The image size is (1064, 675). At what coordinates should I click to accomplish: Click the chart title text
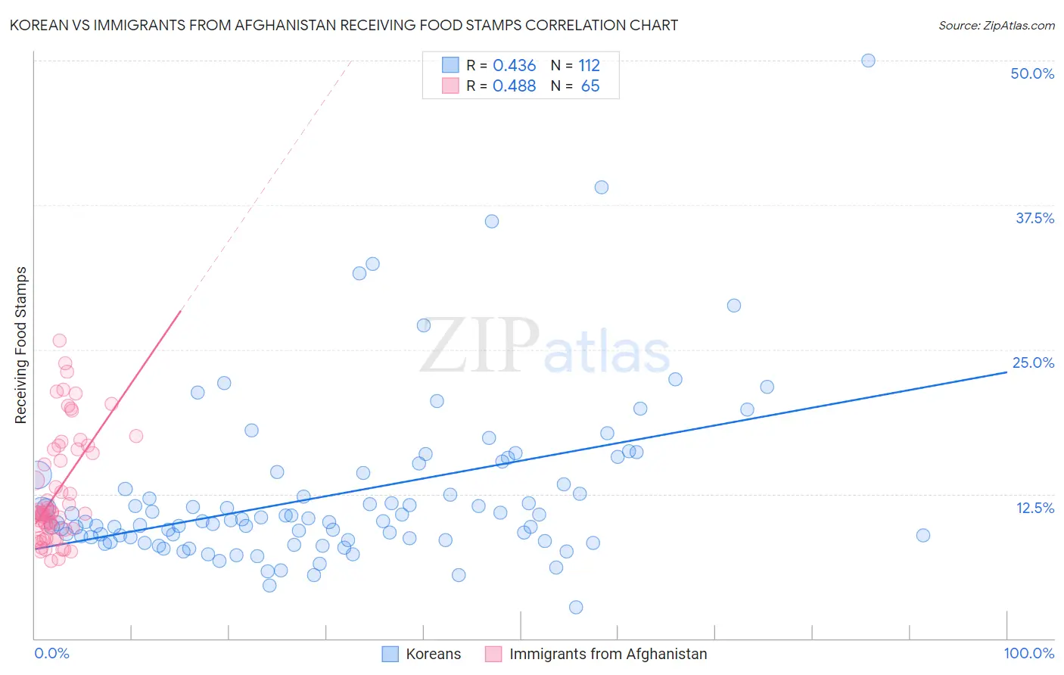[x=344, y=25]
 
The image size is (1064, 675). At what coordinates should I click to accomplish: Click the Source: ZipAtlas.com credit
[x=996, y=25]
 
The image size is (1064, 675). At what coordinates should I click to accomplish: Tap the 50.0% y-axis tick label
[x=1032, y=73]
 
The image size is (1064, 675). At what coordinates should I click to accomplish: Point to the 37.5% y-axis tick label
[x=1034, y=218]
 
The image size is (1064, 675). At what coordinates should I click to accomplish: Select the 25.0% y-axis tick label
[x=1033, y=362]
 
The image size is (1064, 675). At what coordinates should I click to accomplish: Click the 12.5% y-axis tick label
[x=1034, y=508]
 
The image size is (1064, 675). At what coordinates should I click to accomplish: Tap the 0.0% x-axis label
[x=51, y=653]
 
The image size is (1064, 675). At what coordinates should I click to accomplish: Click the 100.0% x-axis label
[x=1028, y=653]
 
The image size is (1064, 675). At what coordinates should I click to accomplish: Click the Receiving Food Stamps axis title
[x=21, y=345]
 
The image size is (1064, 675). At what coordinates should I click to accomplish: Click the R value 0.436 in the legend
[x=514, y=66]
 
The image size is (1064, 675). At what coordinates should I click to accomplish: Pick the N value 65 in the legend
[x=590, y=86]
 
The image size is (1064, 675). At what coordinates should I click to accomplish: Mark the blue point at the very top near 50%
[x=868, y=61]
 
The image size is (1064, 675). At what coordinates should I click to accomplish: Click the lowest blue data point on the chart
[x=576, y=607]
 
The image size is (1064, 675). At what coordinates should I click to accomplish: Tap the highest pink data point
[x=60, y=341]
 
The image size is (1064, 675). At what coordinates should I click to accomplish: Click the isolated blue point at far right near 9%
[x=922, y=535]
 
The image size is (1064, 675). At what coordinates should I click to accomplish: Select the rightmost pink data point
[x=136, y=436]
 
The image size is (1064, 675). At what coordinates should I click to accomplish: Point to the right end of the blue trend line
[x=1006, y=372]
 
